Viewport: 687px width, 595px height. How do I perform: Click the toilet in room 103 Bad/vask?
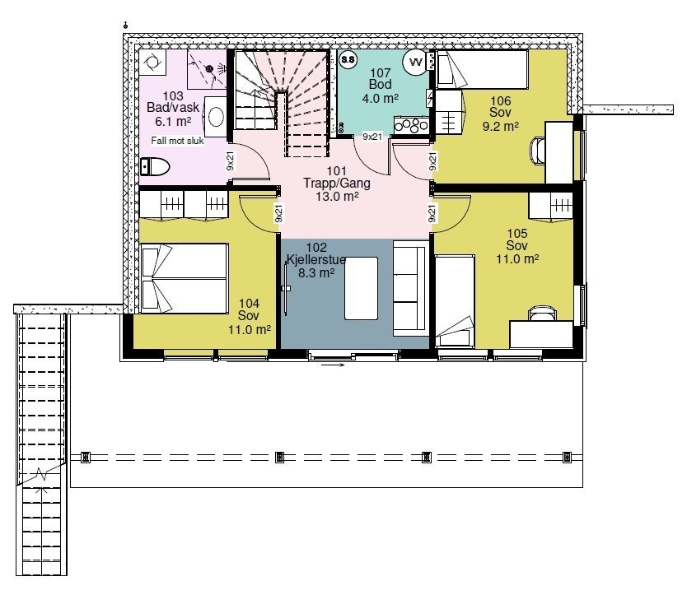(155, 167)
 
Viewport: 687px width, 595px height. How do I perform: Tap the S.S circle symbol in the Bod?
(348, 59)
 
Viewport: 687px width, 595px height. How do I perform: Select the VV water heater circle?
(414, 62)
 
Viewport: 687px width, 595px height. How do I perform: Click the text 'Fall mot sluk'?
(177, 141)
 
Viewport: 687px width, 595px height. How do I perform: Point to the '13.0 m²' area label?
(337, 197)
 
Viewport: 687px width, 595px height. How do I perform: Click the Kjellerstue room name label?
(315, 259)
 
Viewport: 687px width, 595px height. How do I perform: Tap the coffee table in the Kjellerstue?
(361, 288)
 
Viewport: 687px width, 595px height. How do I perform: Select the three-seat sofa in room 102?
(410, 288)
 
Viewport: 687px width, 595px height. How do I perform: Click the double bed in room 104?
(184, 278)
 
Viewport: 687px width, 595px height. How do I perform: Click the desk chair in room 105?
(543, 314)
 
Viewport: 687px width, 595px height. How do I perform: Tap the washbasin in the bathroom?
(216, 117)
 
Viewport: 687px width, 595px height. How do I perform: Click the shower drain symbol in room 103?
(209, 69)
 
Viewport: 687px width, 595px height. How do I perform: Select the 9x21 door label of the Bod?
(372, 137)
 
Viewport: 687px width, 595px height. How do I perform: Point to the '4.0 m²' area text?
(381, 99)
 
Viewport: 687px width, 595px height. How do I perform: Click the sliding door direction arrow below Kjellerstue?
(333, 365)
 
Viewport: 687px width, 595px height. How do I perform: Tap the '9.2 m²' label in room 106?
(500, 126)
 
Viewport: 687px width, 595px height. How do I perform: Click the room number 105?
(517, 234)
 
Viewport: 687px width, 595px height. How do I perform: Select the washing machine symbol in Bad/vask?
(152, 63)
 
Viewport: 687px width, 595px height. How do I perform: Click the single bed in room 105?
(455, 301)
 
